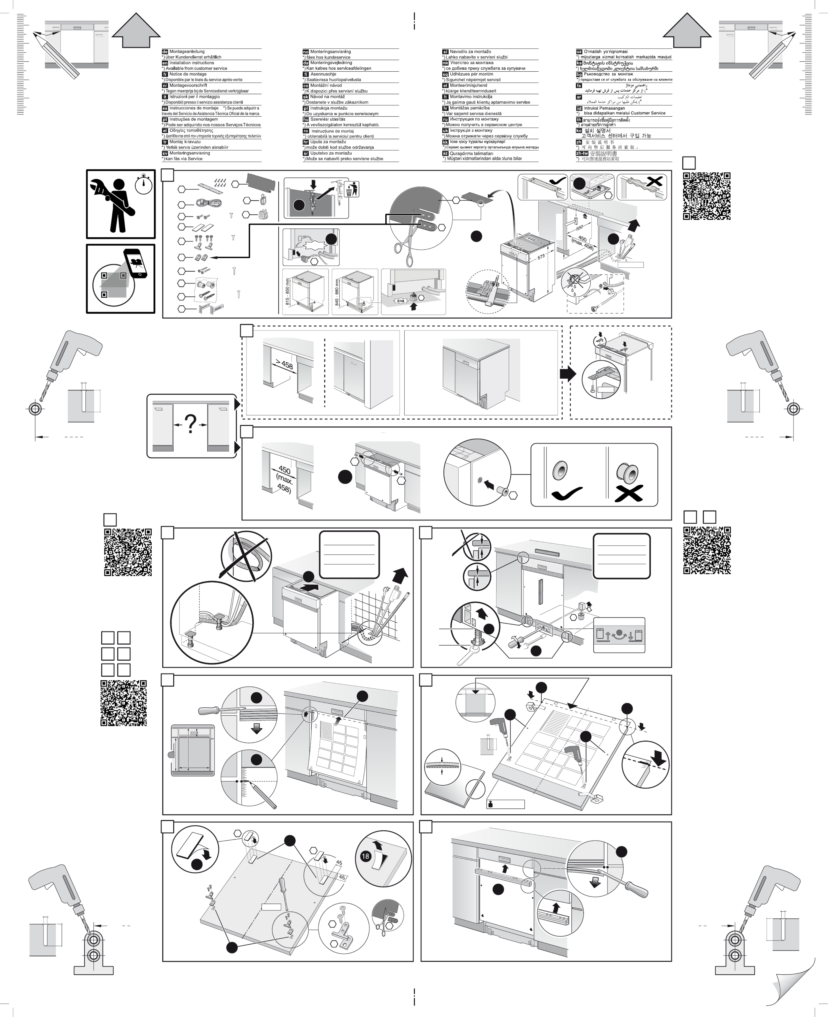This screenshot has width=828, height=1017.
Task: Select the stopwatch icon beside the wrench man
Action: (144, 184)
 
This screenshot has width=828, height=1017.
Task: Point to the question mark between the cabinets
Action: (190, 424)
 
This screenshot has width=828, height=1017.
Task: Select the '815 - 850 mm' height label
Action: (287, 292)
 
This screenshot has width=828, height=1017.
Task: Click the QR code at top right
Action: (706, 196)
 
